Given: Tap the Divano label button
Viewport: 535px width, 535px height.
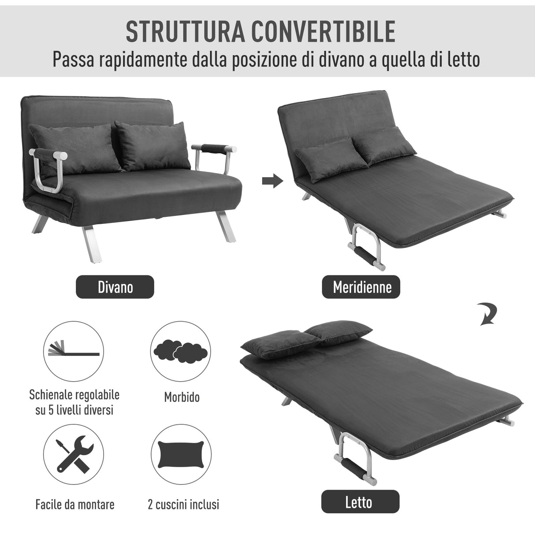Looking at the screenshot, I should pos(115,287).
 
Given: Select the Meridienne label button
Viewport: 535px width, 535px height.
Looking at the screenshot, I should pos(362,287).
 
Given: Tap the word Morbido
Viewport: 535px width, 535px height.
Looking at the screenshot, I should pos(182,397).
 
